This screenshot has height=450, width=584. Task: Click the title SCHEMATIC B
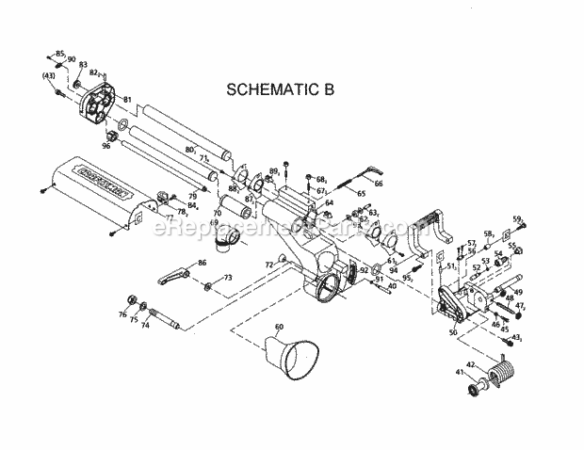pyautogui.click(x=281, y=90)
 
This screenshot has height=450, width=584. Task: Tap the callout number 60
pyautogui.click(x=278, y=327)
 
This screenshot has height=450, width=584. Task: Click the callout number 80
pyautogui.click(x=189, y=148)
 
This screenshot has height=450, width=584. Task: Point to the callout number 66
pyautogui.click(x=379, y=185)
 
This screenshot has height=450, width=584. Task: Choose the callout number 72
pyautogui.click(x=268, y=266)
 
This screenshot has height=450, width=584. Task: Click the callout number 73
pyautogui.click(x=227, y=279)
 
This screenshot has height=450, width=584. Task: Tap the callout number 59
pyautogui.click(x=517, y=220)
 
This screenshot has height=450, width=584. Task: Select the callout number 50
pyautogui.click(x=452, y=332)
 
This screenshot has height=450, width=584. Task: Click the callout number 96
pyautogui.click(x=106, y=146)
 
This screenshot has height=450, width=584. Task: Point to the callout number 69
pyautogui.click(x=216, y=222)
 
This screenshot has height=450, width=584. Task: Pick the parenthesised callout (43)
pyautogui.click(x=48, y=75)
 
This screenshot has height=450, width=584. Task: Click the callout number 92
pyautogui.click(x=363, y=269)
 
